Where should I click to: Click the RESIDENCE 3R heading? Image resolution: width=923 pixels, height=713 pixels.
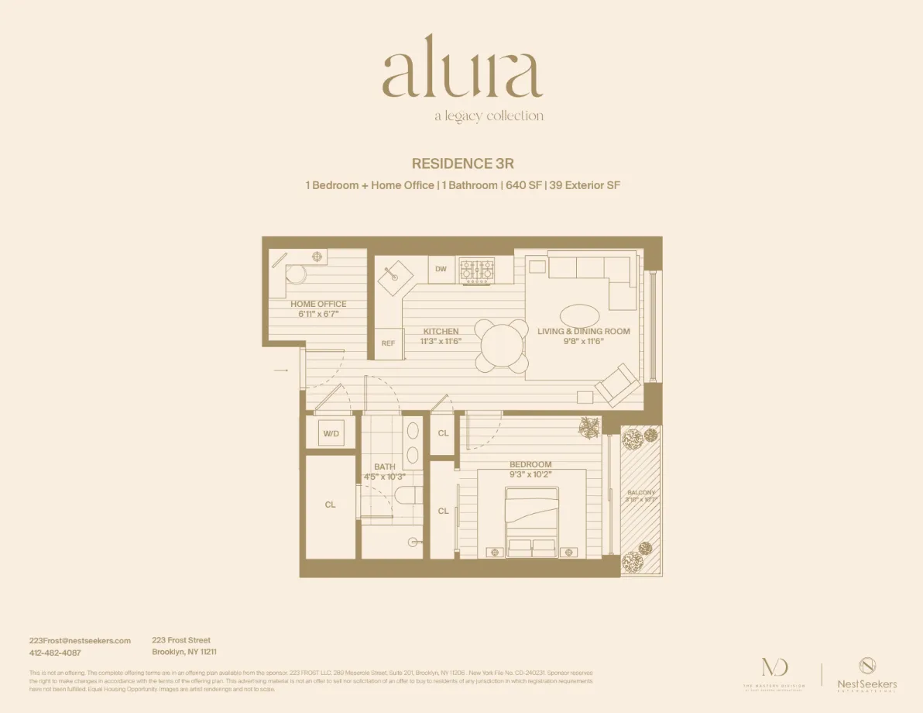[x=462, y=164]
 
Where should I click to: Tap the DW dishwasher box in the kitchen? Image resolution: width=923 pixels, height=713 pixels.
[x=441, y=269]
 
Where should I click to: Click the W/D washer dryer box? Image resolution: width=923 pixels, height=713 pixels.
[x=331, y=434]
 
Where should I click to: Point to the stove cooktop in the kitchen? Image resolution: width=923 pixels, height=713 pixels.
[x=477, y=270]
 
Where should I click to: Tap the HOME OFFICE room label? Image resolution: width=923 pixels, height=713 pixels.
[x=318, y=304]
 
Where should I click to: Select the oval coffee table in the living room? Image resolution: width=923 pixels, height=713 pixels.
[x=578, y=315]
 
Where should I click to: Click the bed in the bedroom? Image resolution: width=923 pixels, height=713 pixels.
[x=531, y=521]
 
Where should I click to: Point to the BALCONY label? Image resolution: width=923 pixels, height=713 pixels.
[x=641, y=493]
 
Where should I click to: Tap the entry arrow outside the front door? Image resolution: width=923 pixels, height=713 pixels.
[x=281, y=371]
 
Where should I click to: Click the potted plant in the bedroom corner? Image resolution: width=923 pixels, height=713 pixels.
[x=589, y=428]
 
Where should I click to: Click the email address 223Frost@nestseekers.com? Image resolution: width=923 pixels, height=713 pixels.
[x=80, y=641]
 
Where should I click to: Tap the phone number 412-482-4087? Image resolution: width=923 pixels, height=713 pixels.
[x=55, y=653]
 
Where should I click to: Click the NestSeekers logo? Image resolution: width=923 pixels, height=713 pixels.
[x=866, y=673]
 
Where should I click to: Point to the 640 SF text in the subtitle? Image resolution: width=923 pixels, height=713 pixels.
[x=523, y=186]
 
